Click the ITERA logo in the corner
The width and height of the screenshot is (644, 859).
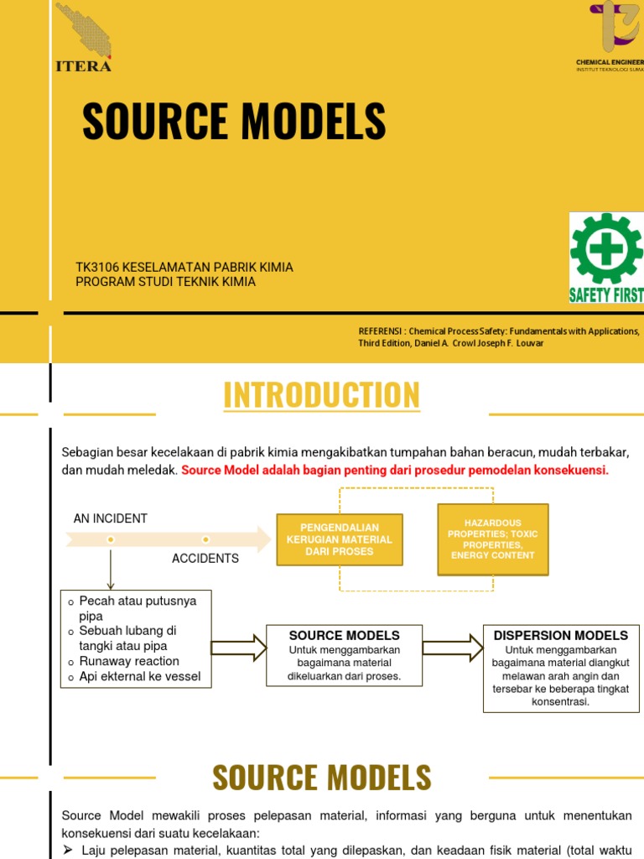tap(83, 38)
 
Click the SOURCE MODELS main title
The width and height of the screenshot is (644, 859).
tap(234, 122)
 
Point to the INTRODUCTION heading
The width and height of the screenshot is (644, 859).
tap(321, 395)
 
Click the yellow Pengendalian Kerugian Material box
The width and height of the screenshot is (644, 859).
tap(340, 539)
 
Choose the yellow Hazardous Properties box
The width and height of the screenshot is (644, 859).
tap(493, 539)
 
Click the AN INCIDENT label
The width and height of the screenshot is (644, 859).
tap(110, 518)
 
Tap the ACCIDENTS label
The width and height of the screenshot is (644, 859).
tap(205, 558)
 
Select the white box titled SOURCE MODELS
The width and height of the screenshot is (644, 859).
tap(344, 655)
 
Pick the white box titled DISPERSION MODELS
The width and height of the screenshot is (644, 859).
tap(561, 668)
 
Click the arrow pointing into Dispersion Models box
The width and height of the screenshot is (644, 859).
tap(453, 648)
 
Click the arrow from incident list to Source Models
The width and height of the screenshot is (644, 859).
tap(238, 648)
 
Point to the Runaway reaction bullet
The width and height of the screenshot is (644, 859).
tap(128, 661)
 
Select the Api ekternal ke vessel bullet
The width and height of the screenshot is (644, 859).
tap(139, 676)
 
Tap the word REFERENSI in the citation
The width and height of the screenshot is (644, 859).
tap(382, 331)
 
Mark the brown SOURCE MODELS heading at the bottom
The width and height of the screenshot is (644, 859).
tap(321, 778)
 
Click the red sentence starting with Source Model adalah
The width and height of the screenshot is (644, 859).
tap(394, 470)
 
